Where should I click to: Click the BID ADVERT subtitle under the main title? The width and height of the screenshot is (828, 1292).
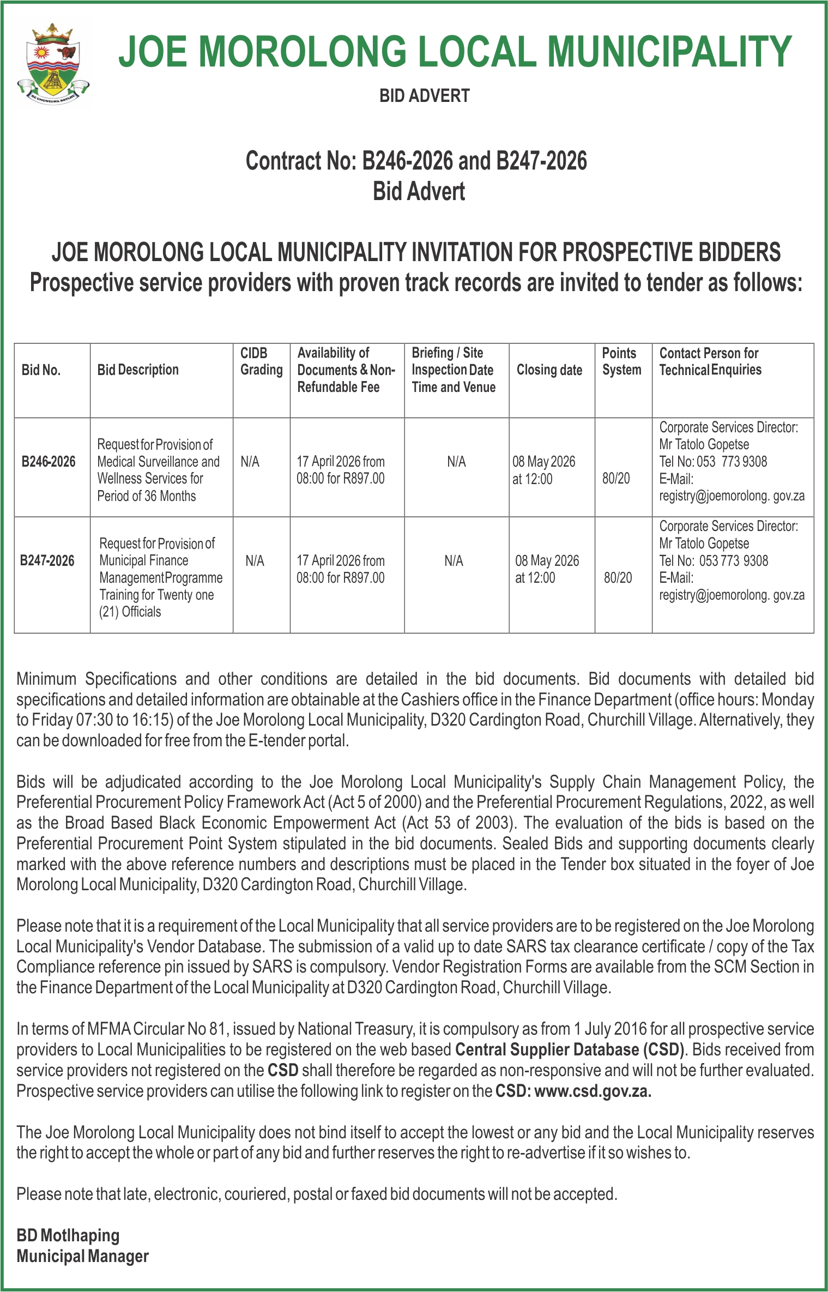point(424,96)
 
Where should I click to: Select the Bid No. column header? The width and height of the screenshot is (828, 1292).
point(41,370)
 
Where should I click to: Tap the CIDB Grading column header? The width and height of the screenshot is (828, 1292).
point(261,361)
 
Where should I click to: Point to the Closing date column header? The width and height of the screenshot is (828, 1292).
point(549,370)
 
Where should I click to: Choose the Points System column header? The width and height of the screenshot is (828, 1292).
point(621,361)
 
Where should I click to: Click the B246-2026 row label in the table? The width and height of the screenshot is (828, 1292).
point(49,462)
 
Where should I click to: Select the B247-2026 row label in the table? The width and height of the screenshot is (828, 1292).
point(47,560)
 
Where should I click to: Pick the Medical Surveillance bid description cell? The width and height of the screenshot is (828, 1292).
point(158,470)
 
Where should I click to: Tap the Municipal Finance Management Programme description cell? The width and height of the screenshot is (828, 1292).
point(160,577)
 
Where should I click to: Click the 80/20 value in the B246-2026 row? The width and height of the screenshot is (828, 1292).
point(616,479)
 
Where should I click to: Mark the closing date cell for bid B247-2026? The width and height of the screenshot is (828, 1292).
point(547,569)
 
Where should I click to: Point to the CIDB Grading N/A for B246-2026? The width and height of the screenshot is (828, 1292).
point(250,462)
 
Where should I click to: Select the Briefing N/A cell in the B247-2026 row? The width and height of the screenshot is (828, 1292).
point(454,560)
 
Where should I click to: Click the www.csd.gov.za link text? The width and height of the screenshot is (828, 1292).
point(593,1091)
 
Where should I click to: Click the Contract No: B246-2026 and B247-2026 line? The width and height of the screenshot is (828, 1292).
point(416,161)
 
